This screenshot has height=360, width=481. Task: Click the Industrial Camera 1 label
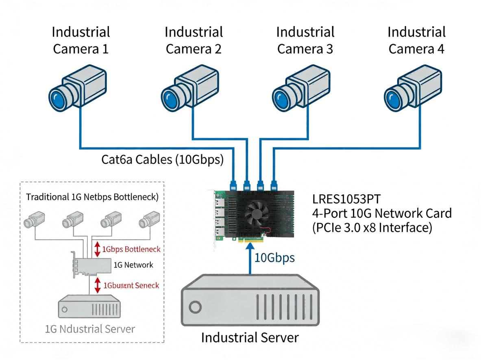point(81,40)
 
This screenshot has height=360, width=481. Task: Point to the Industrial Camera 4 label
point(416,40)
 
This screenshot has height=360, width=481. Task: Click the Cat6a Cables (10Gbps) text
point(162,159)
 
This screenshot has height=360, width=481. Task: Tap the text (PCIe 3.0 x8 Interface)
point(372,228)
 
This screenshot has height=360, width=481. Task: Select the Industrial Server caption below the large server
point(250,338)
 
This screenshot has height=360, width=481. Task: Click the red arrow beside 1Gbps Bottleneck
point(97,249)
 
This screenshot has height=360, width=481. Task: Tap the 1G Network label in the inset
point(133,265)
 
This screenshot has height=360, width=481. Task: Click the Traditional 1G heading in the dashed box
point(92,197)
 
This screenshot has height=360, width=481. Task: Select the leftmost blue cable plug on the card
point(233,184)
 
